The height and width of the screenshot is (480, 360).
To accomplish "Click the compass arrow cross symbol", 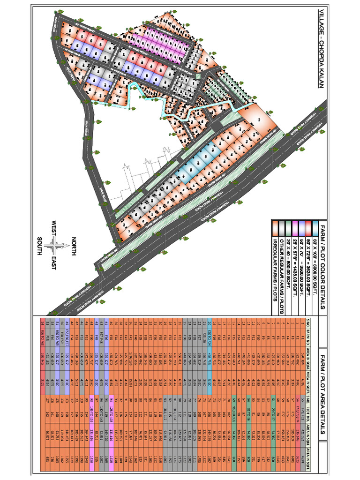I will (56, 245).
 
